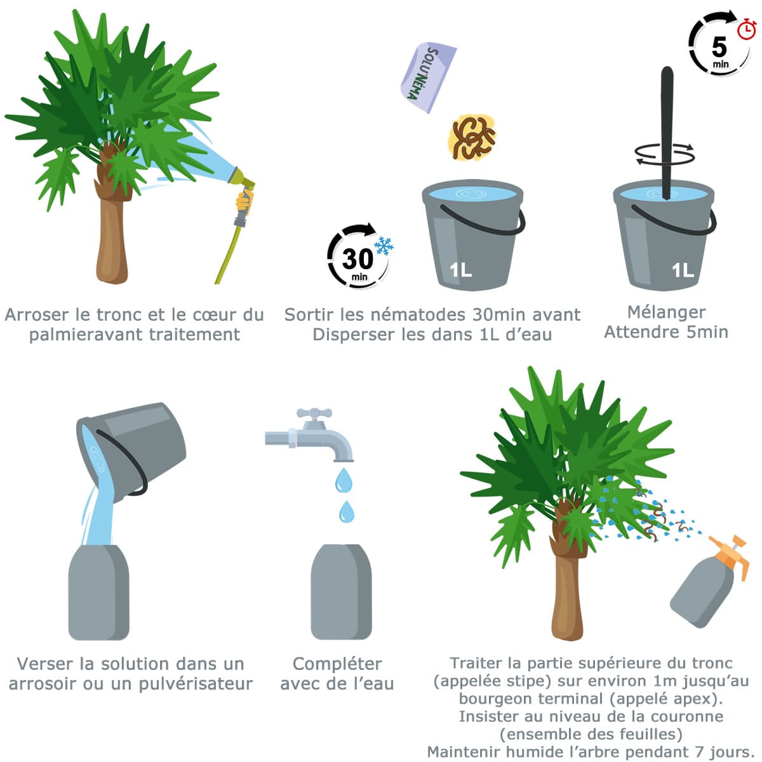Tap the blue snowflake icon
pyautogui.click(x=383, y=246)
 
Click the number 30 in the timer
pyautogui.click(x=358, y=259)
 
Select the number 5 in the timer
pyautogui.click(x=719, y=46)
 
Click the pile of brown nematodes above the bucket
pyautogui.click(x=472, y=137)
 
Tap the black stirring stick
pyautogui.click(x=667, y=133)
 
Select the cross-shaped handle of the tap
pyautogui.click(x=314, y=413)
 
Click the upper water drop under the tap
pyautogui.click(x=344, y=480)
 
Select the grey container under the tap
pyautogui.click(x=341, y=592)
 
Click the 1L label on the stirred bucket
pyautogui.click(x=683, y=271)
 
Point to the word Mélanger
pyautogui.click(x=666, y=313)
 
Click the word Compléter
pyautogui.click(x=337, y=664)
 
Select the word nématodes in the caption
pyautogui.click(x=419, y=315)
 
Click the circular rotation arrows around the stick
pyautogui.click(x=665, y=154)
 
